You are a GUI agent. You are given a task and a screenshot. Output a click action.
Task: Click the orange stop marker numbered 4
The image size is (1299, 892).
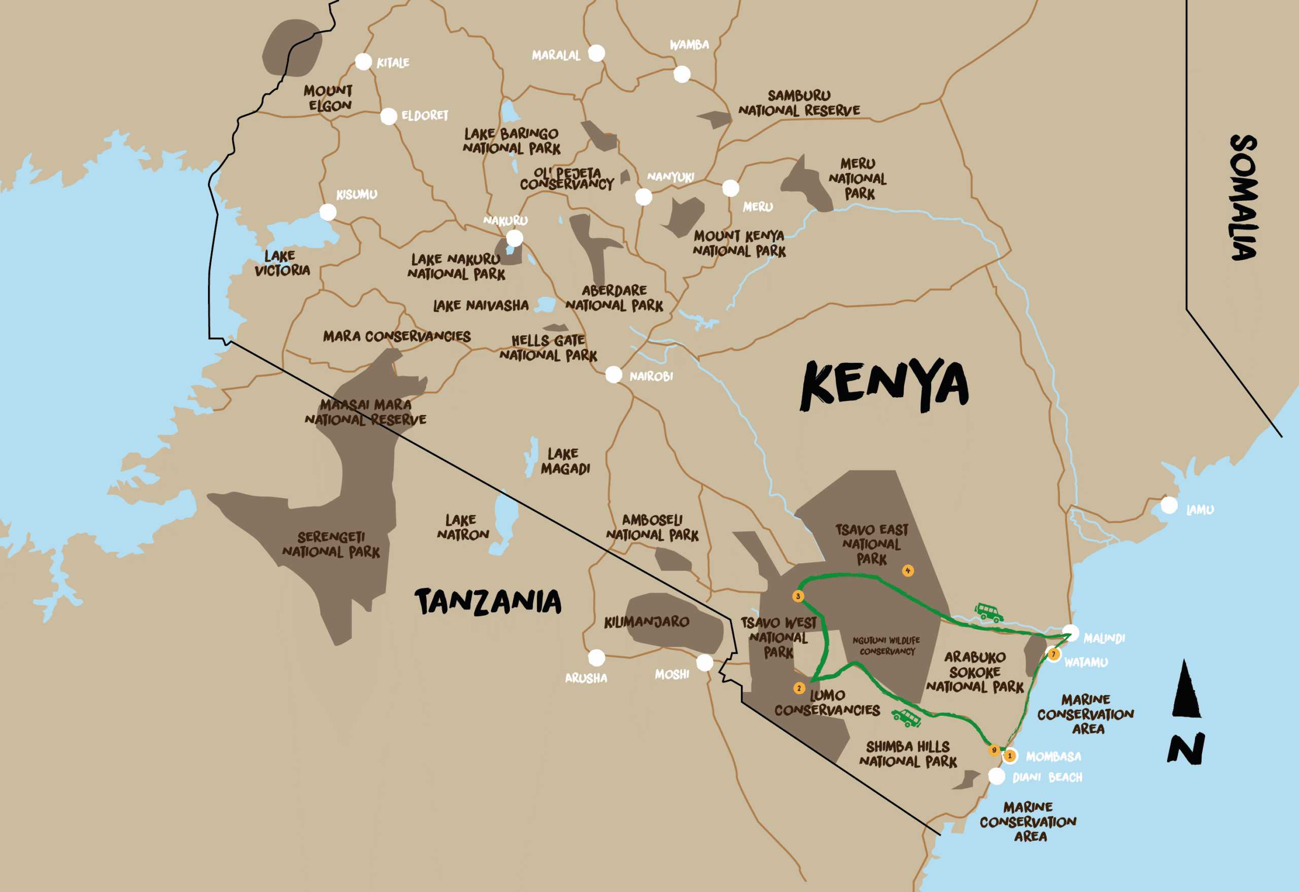click(x=908, y=571)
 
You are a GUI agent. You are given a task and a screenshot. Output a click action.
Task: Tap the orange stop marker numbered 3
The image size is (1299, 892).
click(x=798, y=596)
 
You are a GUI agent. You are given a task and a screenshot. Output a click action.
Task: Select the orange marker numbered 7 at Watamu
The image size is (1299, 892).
click(x=1053, y=654)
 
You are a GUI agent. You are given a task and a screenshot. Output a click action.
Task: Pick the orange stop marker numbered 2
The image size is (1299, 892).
click(x=799, y=688)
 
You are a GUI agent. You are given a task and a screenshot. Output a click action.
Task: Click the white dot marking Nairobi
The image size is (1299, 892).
click(x=614, y=374)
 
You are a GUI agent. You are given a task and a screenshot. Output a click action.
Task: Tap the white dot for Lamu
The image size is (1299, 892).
click(x=1169, y=505)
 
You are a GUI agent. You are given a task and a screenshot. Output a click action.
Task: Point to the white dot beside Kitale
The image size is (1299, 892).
click(x=363, y=61)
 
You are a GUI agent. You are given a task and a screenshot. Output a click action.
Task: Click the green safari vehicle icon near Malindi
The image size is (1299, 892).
click(x=989, y=612)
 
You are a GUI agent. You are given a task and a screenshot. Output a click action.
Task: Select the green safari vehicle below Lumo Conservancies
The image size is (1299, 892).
click(x=906, y=717)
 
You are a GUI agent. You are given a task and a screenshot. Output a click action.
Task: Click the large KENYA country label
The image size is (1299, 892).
click(x=884, y=385)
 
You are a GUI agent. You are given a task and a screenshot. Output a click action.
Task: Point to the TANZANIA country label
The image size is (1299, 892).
click(x=488, y=602)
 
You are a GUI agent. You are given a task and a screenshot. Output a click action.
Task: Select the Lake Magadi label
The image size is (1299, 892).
click(x=565, y=461)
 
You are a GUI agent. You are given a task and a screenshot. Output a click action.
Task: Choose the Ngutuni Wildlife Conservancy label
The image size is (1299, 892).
click(x=886, y=645)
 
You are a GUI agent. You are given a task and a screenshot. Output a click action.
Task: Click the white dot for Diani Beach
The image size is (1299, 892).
click(x=997, y=776)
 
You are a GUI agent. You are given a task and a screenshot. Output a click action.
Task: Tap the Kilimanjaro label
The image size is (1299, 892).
click(x=646, y=622)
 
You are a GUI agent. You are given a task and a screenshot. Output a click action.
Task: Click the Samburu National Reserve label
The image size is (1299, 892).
click(x=799, y=103)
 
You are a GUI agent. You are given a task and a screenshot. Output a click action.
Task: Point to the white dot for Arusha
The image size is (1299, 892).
click(x=596, y=658)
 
